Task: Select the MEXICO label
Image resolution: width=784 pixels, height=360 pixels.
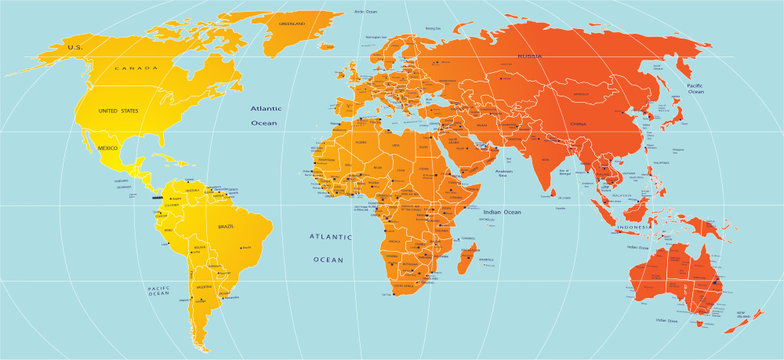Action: tap(107, 148)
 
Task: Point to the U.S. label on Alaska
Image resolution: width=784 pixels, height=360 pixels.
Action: tap(72, 47)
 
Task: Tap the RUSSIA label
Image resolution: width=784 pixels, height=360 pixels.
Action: tap(530, 56)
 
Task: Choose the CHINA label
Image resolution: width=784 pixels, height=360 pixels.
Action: tap(578, 123)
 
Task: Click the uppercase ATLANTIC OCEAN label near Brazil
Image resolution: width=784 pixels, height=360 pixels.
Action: tap(329, 248)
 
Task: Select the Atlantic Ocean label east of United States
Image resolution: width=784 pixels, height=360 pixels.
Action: tap(264, 114)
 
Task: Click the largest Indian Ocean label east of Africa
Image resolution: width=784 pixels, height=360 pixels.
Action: tap(500, 212)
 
